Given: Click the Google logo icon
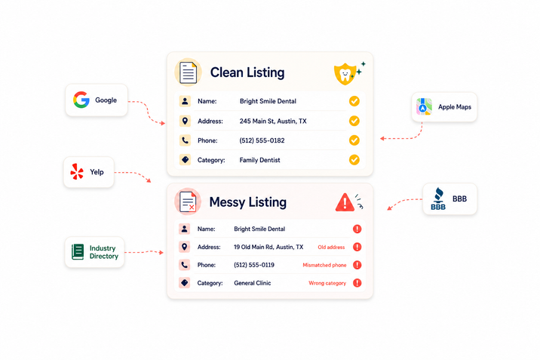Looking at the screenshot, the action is [81, 100].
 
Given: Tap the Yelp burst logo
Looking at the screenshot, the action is [77, 171].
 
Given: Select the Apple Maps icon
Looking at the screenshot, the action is [424, 106].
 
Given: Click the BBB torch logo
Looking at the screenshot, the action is [438, 198].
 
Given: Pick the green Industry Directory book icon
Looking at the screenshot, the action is [78, 251].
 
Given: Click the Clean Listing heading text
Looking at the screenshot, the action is [247, 72].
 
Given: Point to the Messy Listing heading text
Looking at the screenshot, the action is [248, 202].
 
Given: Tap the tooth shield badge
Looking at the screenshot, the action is [345, 74].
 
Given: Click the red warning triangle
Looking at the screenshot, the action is [345, 202].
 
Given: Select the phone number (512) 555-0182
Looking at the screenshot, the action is [262, 140].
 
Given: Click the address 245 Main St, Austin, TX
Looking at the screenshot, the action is [273, 122].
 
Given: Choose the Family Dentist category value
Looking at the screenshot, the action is [259, 160].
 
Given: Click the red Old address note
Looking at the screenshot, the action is [331, 248].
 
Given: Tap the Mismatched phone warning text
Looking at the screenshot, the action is [324, 265].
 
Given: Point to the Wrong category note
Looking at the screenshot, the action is [327, 283].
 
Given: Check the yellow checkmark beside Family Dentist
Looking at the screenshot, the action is [354, 160].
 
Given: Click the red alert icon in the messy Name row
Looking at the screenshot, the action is [357, 229].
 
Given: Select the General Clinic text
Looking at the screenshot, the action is [253, 283].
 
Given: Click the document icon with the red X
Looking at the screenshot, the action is [188, 202].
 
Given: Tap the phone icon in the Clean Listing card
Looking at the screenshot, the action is [185, 140].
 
